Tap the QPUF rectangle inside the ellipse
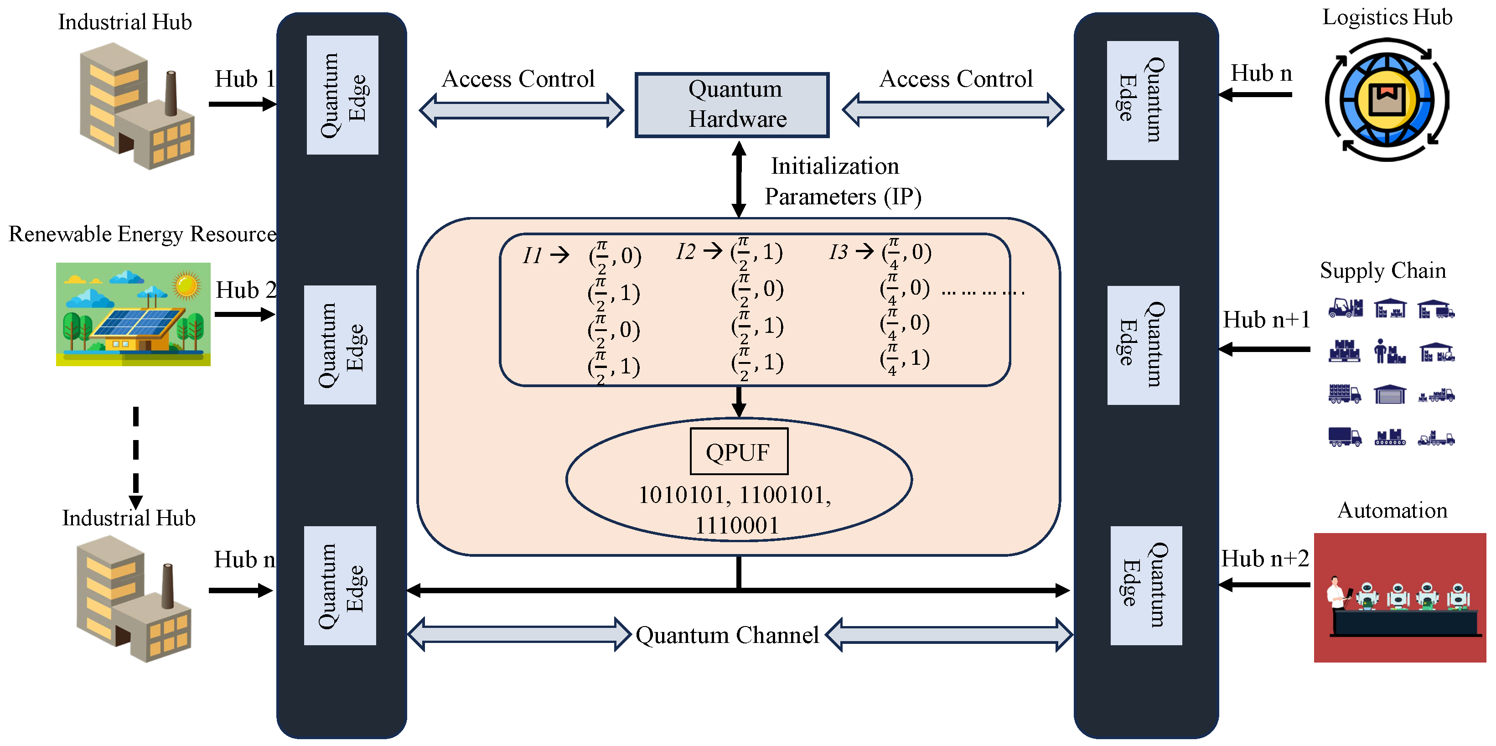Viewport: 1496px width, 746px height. (738, 451)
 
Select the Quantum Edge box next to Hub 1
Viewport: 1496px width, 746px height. (342, 95)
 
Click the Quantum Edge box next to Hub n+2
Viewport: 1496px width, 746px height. (1145, 585)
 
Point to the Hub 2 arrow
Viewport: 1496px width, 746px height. (244, 314)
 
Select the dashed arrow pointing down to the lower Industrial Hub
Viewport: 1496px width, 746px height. (136, 456)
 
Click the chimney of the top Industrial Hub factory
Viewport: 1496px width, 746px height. (171, 93)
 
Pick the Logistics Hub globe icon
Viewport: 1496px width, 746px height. (1387, 99)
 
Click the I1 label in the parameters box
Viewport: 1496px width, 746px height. (532, 255)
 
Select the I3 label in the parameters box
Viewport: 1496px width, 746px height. (838, 252)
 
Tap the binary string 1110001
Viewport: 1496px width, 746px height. (736, 525)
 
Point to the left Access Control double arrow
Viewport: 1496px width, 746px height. (521, 110)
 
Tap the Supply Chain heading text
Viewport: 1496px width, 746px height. (1382, 271)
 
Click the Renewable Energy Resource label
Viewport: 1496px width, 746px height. (142, 234)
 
